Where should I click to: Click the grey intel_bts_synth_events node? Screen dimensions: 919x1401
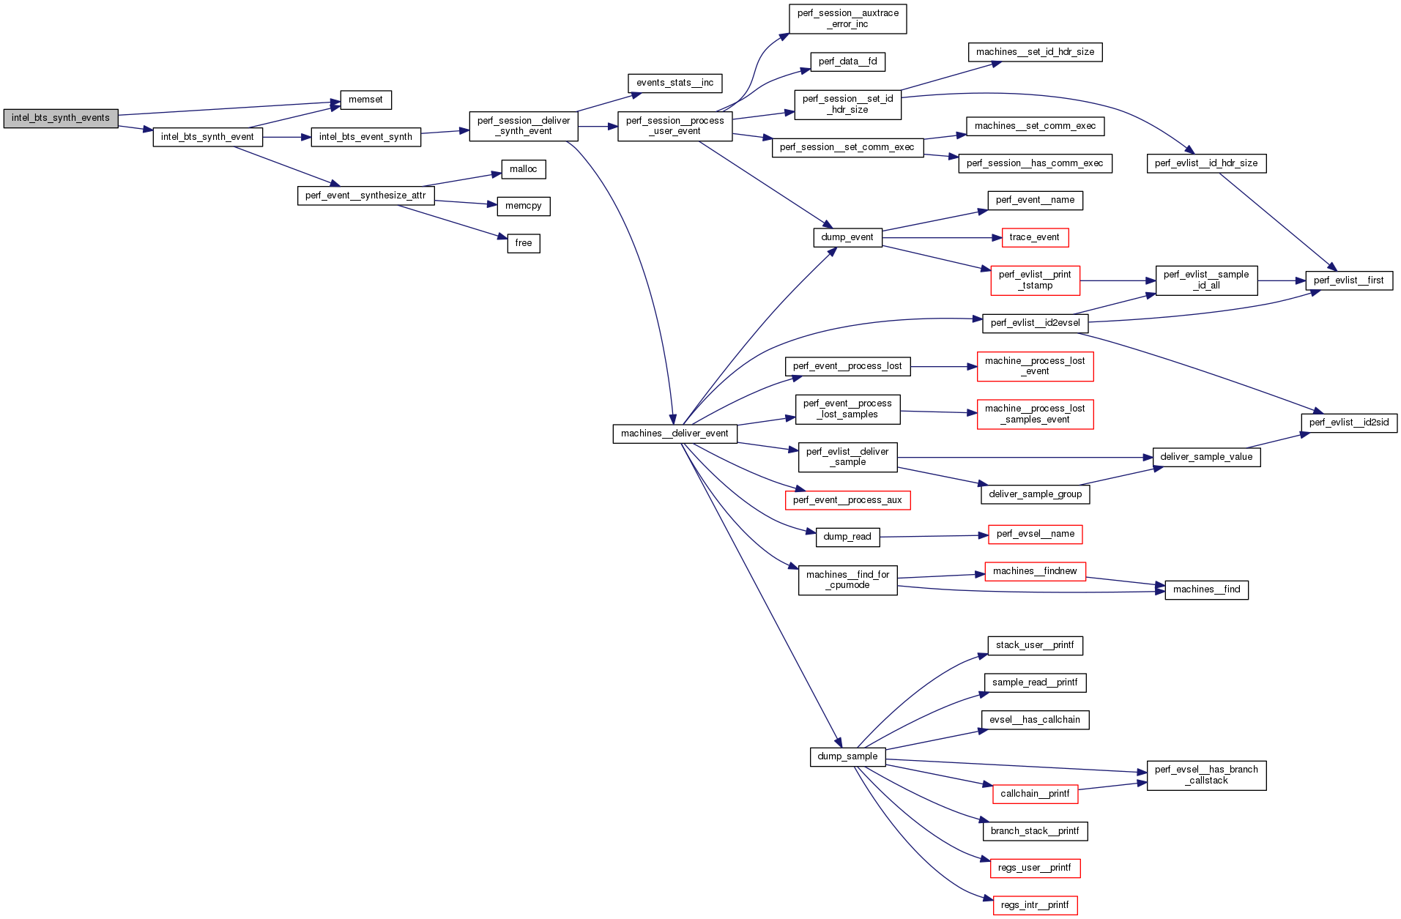point(61,118)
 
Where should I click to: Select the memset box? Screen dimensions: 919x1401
point(365,100)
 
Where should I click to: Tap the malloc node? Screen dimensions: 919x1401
point(523,169)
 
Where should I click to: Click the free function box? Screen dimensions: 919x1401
point(523,243)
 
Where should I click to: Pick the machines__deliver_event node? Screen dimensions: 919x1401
point(675,434)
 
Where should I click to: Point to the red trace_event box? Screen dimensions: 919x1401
point(1034,237)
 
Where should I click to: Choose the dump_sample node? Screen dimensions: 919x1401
point(847,756)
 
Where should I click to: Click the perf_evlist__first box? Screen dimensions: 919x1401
point(1348,280)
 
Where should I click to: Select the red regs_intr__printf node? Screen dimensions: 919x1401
point(1034,905)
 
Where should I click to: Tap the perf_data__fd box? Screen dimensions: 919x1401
point(847,62)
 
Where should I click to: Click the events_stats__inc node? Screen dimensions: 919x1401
point(675,83)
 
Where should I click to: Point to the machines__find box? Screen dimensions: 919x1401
point(1206,589)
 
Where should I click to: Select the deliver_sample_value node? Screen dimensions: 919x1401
point(1206,457)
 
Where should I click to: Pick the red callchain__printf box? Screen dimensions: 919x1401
point(1034,794)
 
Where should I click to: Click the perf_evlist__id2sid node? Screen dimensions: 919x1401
point(1348,423)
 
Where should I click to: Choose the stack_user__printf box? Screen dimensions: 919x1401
point(1034,645)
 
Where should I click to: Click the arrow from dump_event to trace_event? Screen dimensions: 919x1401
point(941,238)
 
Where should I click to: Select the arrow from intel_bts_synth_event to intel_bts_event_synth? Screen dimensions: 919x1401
point(286,137)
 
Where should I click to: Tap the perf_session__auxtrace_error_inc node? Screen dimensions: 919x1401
point(847,18)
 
